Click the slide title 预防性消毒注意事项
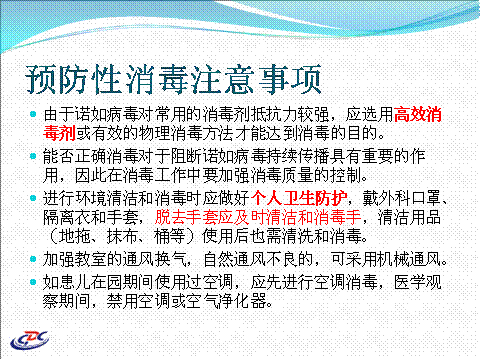tap(173, 79)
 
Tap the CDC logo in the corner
tap(29, 340)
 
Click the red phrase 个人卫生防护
tap(299, 198)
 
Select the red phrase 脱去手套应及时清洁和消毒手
tap(258, 217)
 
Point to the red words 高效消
tap(418, 114)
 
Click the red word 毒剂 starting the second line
tap(59, 133)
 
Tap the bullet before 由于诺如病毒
tap(33, 114)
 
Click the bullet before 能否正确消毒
tap(33, 156)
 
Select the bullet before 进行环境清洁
tap(33, 198)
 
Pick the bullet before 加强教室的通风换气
tap(33, 259)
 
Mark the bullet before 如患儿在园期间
tap(33, 282)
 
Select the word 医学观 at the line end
tap(418, 282)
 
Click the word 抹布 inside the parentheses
tap(122, 236)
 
